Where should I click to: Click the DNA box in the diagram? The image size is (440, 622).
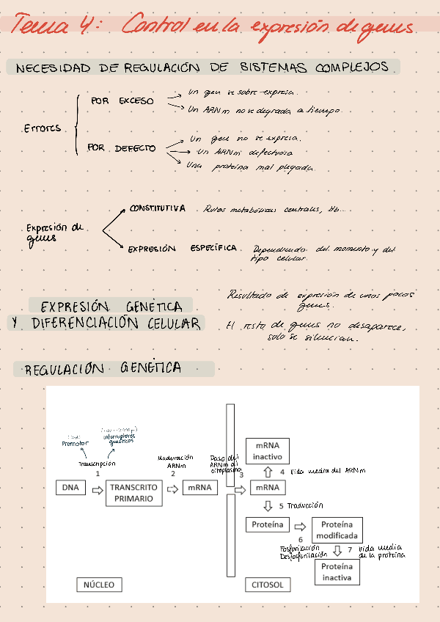click(x=70, y=487)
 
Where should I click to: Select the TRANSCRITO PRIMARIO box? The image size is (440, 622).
click(x=133, y=492)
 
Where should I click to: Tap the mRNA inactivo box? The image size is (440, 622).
click(x=268, y=451)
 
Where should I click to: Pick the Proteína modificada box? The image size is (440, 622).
click(x=337, y=530)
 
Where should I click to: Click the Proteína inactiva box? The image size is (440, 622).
click(x=337, y=572)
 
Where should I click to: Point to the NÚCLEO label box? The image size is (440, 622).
click(x=99, y=585)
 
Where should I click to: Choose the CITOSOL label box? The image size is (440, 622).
click(x=267, y=585)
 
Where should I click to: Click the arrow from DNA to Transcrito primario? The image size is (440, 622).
click(x=96, y=490)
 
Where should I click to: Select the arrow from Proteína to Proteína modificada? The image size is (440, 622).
click(x=299, y=526)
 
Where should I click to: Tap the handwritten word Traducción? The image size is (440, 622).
click(x=305, y=506)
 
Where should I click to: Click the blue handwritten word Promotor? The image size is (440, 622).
click(x=76, y=444)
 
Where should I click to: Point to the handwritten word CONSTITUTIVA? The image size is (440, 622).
click(x=157, y=209)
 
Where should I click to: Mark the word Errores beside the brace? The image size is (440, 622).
click(x=42, y=128)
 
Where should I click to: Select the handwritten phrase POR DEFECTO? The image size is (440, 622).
click(x=122, y=148)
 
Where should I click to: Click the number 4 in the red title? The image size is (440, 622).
click(x=87, y=27)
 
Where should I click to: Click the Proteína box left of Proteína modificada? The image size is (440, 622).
click(x=267, y=524)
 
